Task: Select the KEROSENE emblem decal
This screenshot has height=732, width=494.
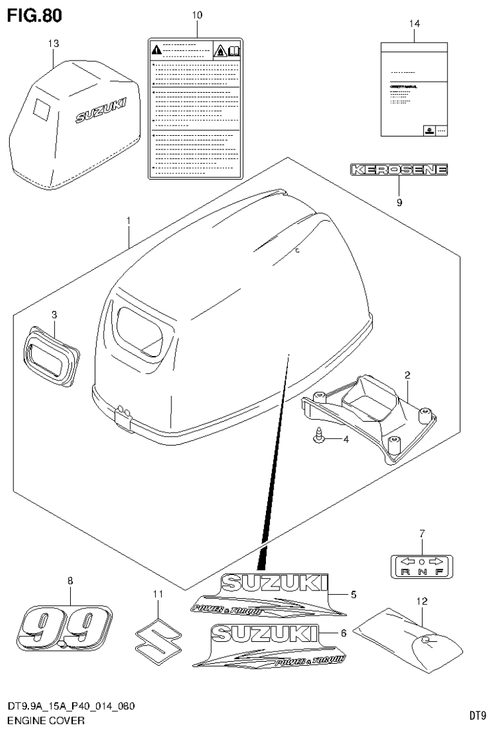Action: pyautogui.click(x=398, y=171)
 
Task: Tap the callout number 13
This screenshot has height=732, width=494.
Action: pyautogui.click(x=53, y=43)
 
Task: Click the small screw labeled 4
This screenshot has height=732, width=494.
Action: pyautogui.click(x=318, y=439)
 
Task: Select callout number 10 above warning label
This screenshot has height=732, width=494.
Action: pyautogui.click(x=196, y=14)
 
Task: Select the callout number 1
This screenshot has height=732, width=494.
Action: pyautogui.click(x=129, y=221)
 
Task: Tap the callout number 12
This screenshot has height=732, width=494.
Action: pyautogui.click(x=422, y=601)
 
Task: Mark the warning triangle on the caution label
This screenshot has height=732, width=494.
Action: pyautogui.click(x=157, y=50)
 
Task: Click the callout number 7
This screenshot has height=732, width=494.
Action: pyautogui.click(x=422, y=533)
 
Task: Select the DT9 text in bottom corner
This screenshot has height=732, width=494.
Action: pyautogui.click(x=477, y=715)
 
